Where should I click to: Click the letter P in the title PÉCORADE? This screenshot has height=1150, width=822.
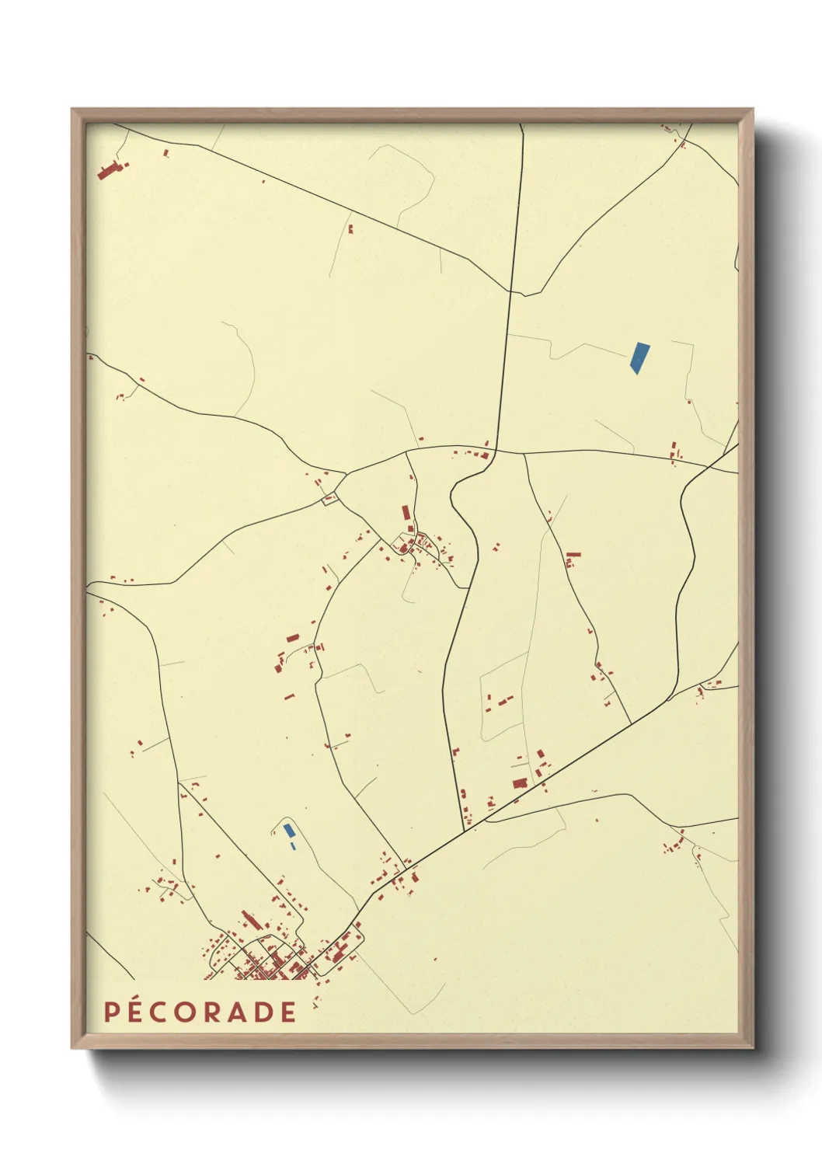pyautogui.click(x=111, y=1012)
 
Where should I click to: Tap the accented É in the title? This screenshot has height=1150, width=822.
pyautogui.click(x=137, y=1011)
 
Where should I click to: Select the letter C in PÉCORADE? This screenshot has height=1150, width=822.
pyautogui.click(x=162, y=1012)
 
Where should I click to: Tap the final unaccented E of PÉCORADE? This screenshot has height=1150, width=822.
pyautogui.click(x=289, y=1012)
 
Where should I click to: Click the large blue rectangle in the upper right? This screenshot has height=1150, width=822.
pyautogui.click(x=639, y=357)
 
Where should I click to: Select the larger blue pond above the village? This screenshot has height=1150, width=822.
pyautogui.click(x=289, y=830)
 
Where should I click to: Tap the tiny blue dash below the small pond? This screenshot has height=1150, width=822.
pyautogui.click(x=292, y=845)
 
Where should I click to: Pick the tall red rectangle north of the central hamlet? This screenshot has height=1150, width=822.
pyautogui.click(x=405, y=513)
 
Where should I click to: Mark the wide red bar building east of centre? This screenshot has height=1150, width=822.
pyautogui.click(x=573, y=555)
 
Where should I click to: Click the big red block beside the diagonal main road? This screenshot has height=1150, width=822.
pyautogui.click(x=519, y=782)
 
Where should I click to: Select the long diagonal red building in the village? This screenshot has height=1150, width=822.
pyautogui.click(x=249, y=921)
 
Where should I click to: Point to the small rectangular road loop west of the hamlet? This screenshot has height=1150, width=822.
pyautogui.click(x=330, y=499)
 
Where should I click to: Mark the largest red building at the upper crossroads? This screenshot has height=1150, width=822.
pyautogui.click(x=485, y=455)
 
